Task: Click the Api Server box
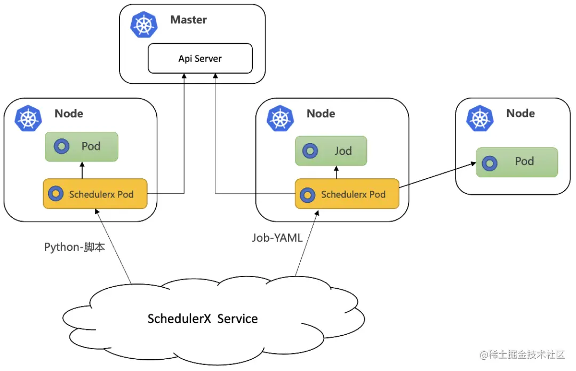click(x=200, y=58)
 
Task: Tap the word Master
click(x=188, y=20)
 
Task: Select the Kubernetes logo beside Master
click(x=145, y=25)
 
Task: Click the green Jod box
click(x=331, y=151)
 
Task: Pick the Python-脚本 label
click(x=74, y=247)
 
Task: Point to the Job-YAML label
click(x=277, y=238)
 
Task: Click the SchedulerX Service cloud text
click(x=203, y=319)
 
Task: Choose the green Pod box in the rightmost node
click(x=516, y=162)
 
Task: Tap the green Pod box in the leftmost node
click(x=81, y=146)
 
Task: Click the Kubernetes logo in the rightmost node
click(x=480, y=119)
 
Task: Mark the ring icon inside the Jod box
click(x=310, y=151)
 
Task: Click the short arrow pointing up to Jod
click(x=336, y=172)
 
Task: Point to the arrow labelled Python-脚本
click(x=113, y=246)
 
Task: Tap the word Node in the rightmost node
click(x=521, y=113)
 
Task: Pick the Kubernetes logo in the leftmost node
click(x=28, y=119)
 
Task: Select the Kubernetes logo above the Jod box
click(x=281, y=119)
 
